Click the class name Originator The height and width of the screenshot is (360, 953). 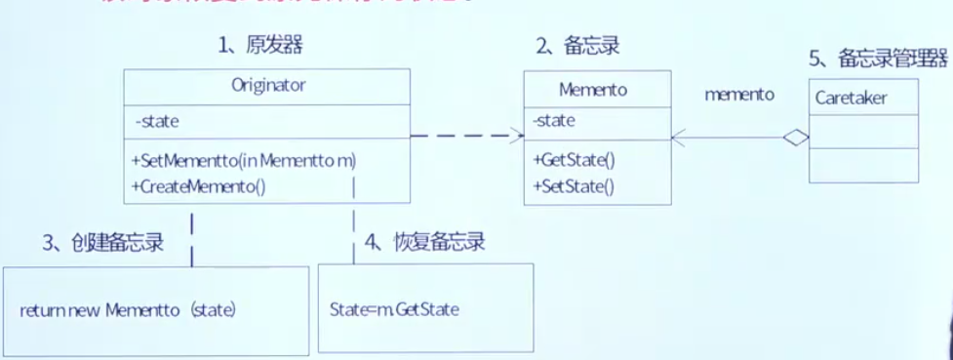coord(268,85)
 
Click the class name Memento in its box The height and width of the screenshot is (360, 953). coord(593,89)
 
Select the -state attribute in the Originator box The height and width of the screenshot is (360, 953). coord(157,122)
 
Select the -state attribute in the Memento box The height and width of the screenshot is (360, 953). coord(554,121)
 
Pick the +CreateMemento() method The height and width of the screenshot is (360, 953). coord(198,185)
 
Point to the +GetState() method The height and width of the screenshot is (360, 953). coord(574,160)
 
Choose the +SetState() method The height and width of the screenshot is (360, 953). coord(574,185)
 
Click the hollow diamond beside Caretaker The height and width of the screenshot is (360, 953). coord(797,139)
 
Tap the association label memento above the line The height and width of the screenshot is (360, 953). coord(739,95)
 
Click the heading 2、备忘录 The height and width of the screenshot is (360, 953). coord(578,45)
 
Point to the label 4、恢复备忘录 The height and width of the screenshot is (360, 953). coord(425,242)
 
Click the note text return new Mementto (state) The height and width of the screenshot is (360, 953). coord(129,310)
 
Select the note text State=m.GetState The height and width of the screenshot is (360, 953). coord(395,310)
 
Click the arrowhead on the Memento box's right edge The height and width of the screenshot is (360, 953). coord(679,139)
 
